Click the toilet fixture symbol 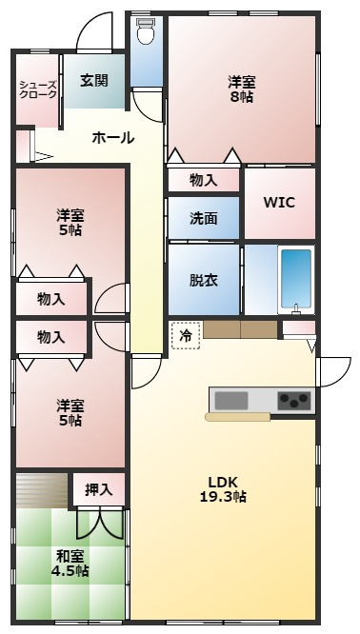coord(146,31)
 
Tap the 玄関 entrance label coord(94,81)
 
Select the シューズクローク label coord(38,89)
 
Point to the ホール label coord(113,138)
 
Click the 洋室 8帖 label coord(242,89)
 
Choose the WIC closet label coord(279,202)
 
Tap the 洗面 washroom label coord(204,218)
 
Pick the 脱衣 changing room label coord(204,280)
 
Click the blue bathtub coord(296,278)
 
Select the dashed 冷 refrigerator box coord(186,335)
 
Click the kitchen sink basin coord(231,401)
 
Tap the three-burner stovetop coord(294,401)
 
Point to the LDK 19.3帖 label coord(223,489)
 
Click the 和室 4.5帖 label coord(70,564)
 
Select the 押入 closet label coord(99,489)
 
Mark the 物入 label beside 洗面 coord(204,181)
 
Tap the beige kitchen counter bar coord(238,417)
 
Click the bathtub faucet coord(296,308)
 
